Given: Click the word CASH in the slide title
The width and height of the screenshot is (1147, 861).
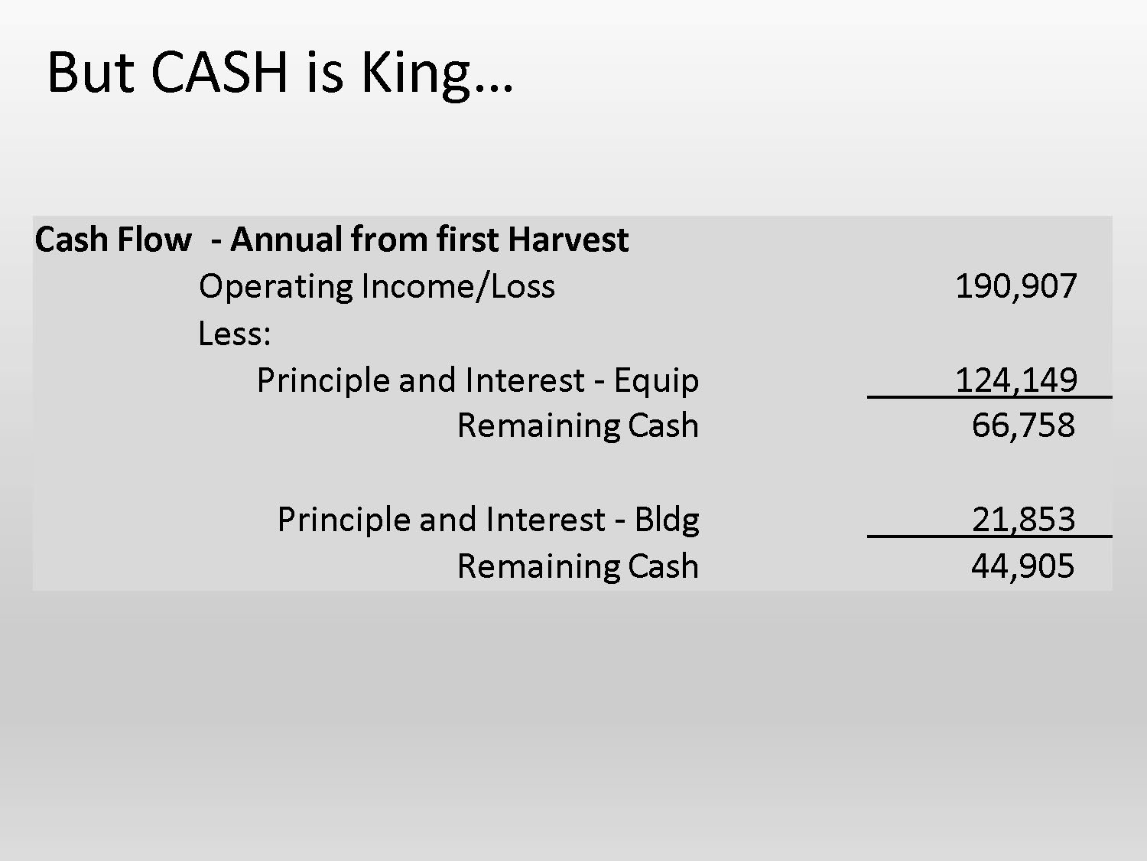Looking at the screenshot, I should coord(220,72).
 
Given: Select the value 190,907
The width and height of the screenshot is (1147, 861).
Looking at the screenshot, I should coord(1015,286).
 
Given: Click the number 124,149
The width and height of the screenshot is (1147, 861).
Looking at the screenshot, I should coord(1015,380).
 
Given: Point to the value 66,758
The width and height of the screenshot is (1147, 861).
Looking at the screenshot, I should coord(1023,426).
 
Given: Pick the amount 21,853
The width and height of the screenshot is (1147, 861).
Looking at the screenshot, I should coord(1023,520).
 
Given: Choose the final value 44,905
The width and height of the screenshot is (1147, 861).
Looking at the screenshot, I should coord(1023,566).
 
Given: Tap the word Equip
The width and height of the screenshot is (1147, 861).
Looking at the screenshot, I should coord(656,381).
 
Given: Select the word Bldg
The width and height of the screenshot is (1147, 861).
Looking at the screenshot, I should coord(667,520).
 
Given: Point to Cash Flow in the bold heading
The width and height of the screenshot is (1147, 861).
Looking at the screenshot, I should coord(112,240).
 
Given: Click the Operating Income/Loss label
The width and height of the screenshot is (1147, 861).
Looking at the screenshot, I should coord(377,286).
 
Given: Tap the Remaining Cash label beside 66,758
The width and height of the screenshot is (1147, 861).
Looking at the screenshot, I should coord(577,426).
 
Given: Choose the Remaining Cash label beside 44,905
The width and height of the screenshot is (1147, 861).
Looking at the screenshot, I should coord(577,566).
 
